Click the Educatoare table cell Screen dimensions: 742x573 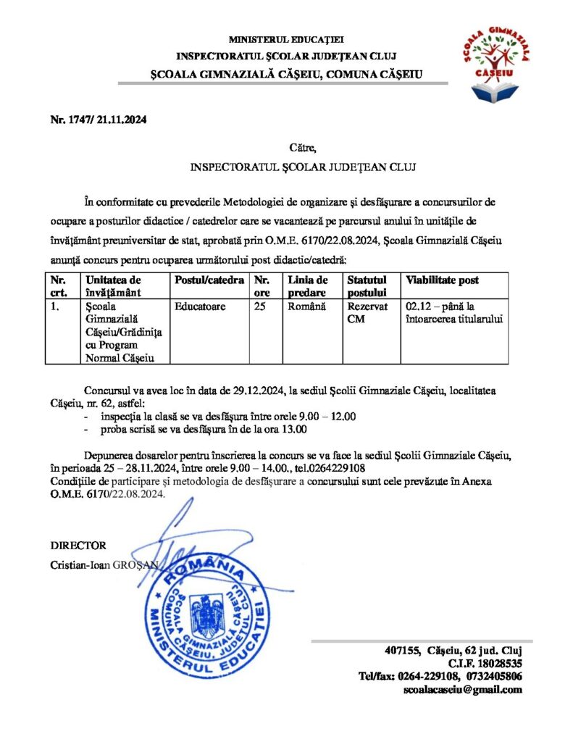pos(200,307)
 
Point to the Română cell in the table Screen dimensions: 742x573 pos(303,307)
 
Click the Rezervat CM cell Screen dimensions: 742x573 pos(363,313)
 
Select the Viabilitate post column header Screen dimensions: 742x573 pos(443,280)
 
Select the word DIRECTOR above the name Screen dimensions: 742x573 pos(78,546)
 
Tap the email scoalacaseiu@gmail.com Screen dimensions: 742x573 pos(462,689)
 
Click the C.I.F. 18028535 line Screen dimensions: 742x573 pos(485,662)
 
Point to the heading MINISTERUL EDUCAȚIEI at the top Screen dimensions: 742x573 pos(286,39)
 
